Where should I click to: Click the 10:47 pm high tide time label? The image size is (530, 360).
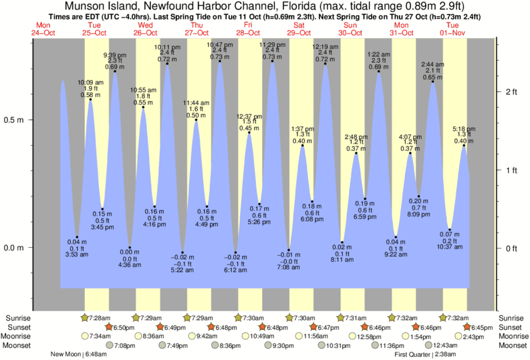pos(221,44)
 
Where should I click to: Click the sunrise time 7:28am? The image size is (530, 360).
pos(98,317)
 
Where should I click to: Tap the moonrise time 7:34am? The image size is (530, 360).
pos(98,336)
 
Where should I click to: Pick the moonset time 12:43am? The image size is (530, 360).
pos(444,345)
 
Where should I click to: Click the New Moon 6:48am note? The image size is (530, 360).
pos(78,355)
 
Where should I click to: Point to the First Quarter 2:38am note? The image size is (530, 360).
pos(426,355)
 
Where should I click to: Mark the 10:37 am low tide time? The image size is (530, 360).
pos(450,248)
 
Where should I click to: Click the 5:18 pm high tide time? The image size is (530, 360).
pos(464,128)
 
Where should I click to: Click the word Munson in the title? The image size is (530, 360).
pos(84,7)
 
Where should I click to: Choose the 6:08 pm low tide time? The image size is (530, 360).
pos(312,219)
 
